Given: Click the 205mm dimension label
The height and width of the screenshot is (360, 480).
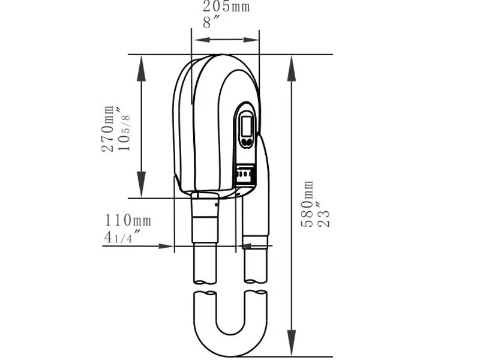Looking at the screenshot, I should [x=226, y=7].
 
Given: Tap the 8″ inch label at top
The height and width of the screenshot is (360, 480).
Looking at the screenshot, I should [x=211, y=23].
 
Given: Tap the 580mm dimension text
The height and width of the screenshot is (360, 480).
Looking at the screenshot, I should [x=307, y=204].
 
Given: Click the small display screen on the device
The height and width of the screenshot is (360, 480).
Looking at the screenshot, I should [x=246, y=125].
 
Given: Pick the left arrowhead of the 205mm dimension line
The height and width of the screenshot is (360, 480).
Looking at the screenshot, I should [x=198, y=41].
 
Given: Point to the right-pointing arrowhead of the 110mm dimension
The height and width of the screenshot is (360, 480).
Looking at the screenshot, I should [x=167, y=245].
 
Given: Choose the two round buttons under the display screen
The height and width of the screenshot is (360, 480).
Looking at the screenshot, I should [x=246, y=143].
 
